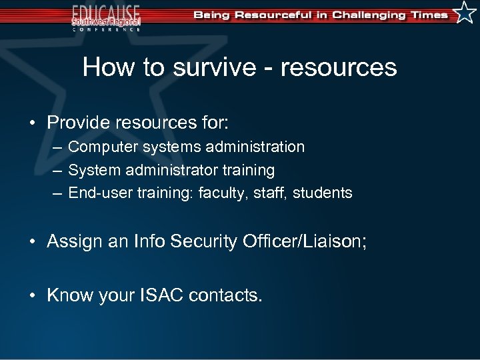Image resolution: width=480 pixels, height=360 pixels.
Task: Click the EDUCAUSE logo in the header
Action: click(107, 16)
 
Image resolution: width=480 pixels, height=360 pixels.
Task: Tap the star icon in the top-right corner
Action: click(465, 13)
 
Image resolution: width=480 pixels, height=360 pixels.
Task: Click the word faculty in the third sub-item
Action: click(223, 193)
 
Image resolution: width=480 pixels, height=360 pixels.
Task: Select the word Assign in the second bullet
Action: click(71, 241)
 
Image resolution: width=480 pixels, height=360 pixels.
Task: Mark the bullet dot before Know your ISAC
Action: click(33, 295)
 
